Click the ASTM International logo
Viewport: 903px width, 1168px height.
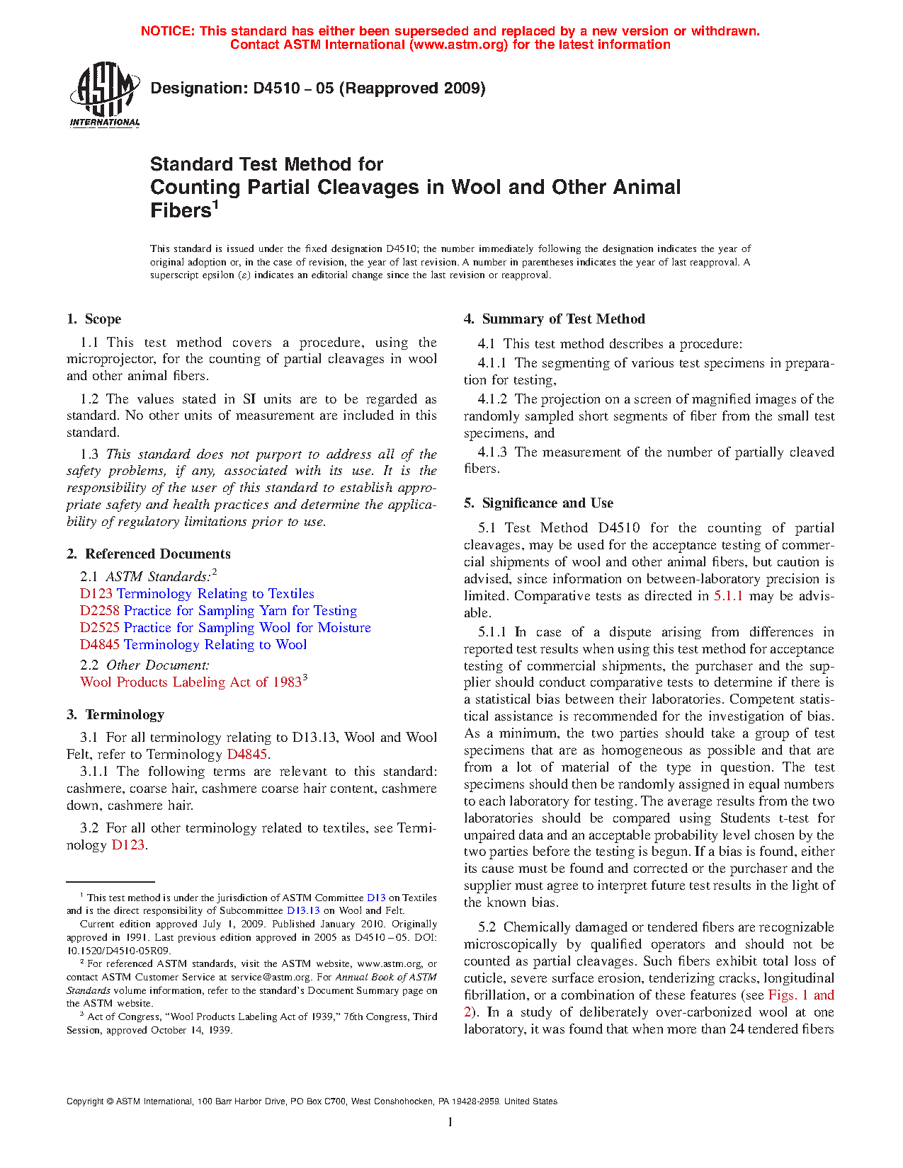tap(104, 94)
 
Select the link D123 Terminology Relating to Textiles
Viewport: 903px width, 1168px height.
tap(197, 594)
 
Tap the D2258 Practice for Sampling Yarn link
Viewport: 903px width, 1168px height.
tap(218, 611)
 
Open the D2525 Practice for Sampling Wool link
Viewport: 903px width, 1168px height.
tap(225, 628)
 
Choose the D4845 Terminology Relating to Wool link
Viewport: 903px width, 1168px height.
tap(193, 645)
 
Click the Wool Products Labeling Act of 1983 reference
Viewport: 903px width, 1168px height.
tap(191, 682)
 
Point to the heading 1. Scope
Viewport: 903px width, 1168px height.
tap(94, 319)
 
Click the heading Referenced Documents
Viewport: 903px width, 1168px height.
tap(157, 554)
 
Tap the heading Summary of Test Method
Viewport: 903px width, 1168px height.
tap(563, 319)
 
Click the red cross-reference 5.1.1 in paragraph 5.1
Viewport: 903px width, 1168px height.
tap(728, 596)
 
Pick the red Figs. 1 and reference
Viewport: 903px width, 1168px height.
tap(801, 995)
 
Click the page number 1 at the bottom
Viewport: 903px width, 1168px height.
tap(450, 1121)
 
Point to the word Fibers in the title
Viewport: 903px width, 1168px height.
tap(181, 211)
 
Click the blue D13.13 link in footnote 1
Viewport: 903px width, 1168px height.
tap(303, 911)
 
